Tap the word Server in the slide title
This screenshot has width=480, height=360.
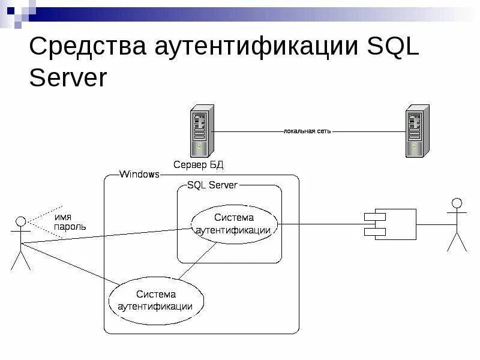coord(68,78)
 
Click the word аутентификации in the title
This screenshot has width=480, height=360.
coord(257,47)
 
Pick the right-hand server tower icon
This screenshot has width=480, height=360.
coord(416,131)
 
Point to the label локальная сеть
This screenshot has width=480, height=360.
coord(307,131)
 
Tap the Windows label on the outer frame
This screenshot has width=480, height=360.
coord(139,175)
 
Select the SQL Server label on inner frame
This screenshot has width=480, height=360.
coord(212,185)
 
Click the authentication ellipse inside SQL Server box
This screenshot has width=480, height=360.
coord(234,224)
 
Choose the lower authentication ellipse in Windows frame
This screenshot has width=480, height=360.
coord(155,300)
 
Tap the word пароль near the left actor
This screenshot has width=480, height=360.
coord(70,227)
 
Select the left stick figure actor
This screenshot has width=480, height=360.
coord(20,243)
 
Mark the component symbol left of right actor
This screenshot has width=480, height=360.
coord(390,224)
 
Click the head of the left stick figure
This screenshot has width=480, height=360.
coord(20,222)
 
